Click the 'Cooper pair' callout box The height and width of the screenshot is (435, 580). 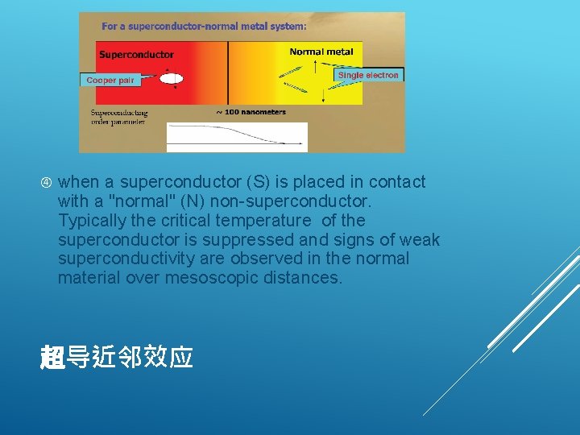coord(110,80)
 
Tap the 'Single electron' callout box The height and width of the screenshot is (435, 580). coord(368,75)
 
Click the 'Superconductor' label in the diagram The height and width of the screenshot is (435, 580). coord(136,55)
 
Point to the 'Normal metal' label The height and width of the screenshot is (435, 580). coord(321,52)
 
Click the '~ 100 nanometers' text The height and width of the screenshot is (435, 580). coord(251,112)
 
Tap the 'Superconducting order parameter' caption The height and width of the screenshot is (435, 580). coord(119,118)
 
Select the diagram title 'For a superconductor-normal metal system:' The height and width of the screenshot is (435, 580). coord(204,26)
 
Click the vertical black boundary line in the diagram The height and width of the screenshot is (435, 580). coord(228,72)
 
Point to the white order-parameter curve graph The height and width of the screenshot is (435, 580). coord(236,137)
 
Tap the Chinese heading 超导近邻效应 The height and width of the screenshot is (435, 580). coord(117,357)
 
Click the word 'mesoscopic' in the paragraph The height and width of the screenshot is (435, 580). coord(208,279)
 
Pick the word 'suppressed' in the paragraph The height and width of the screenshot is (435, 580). coord(234,240)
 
